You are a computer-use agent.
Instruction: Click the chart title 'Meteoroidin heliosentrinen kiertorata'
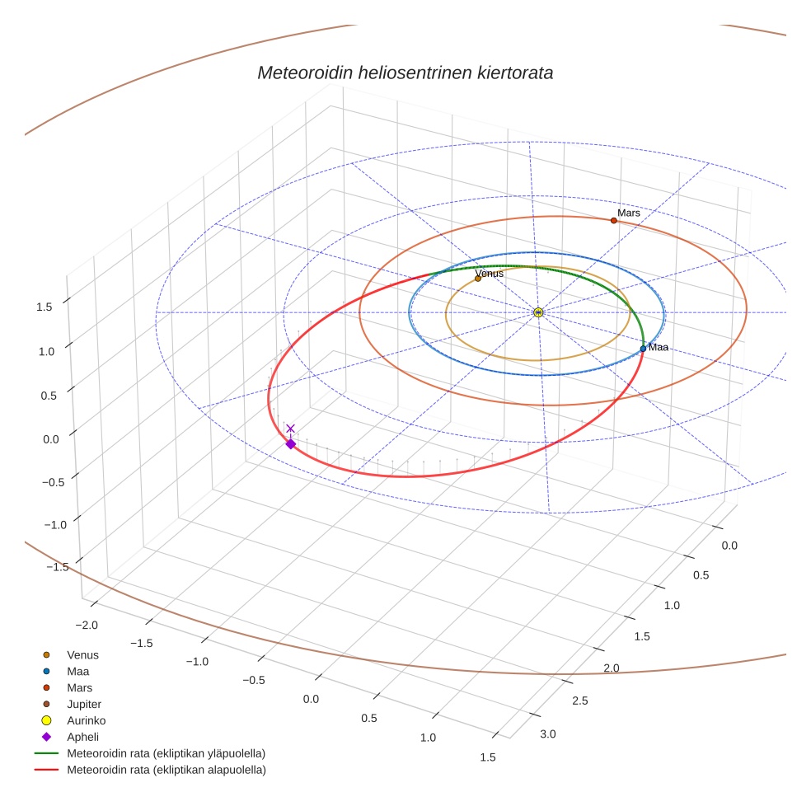click(x=405, y=73)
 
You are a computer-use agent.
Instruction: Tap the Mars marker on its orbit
click(x=613, y=220)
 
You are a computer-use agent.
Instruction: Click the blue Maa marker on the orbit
click(x=643, y=349)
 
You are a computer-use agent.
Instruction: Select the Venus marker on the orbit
click(x=478, y=279)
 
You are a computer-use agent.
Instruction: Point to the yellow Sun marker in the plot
click(x=537, y=312)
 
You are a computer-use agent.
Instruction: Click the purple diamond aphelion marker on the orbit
click(x=290, y=444)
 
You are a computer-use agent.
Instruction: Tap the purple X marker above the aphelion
click(x=290, y=429)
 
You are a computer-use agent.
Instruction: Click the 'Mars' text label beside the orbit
click(x=629, y=213)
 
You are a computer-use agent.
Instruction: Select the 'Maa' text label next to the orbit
click(x=659, y=347)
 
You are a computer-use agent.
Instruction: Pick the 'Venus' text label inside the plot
click(x=490, y=273)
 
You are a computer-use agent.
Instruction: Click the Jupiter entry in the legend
click(x=84, y=704)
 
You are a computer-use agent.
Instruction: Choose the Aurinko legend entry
click(x=86, y=720)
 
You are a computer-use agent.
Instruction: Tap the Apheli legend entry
click(x=82, y=737)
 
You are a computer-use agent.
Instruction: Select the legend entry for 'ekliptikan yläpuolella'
click(x=166, y=753)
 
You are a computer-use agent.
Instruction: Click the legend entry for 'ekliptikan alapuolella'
click(x=166, y=770)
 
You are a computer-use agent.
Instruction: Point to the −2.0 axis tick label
click(x=85, y=626)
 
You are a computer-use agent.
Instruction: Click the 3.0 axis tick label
click(x=548, y=734)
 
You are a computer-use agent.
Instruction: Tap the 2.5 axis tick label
click(x=579, y=701)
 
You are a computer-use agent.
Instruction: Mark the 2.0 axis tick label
click(x=611, y=668)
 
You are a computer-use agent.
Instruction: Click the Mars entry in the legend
click(x=79, y=687)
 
